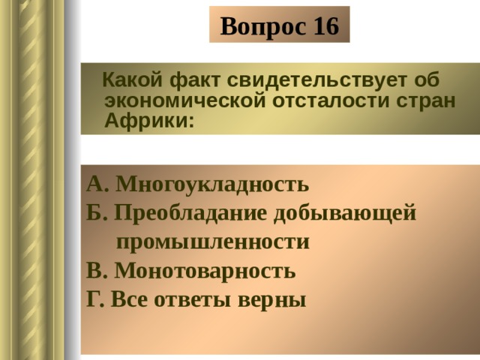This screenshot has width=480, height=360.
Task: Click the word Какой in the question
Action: point(132,79)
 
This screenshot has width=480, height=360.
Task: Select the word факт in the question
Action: point(195,81)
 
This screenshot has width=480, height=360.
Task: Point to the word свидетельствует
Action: point(317,80)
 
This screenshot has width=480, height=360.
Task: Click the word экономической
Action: point(185,100)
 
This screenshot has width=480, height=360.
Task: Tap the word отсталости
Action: point(331,100)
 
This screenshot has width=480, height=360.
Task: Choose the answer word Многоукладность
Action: point(212,184)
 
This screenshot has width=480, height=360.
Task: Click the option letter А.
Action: point(97,184)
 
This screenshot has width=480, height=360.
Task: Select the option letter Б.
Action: point(97,212)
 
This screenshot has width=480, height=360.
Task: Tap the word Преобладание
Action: point(190,213)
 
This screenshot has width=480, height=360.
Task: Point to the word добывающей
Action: point(345,213)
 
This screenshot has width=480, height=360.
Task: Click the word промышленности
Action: point(213,242)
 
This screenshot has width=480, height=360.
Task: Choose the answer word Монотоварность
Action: point(205,271)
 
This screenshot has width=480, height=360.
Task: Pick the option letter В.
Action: point(97,270)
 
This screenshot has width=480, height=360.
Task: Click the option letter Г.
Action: point(95,298)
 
